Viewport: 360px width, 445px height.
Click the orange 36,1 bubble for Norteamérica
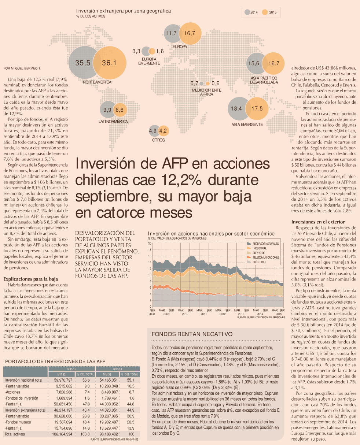[110, 63]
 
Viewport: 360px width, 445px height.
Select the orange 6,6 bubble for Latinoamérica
[120, 110]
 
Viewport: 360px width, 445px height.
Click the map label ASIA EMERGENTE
[247, 125]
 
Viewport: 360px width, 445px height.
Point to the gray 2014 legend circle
[247, 12]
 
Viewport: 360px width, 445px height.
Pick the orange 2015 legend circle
[265, 12]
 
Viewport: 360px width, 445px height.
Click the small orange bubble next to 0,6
[207, 84]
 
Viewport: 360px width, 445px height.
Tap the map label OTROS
[158, 140]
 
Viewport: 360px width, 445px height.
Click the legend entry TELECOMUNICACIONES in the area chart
[266, 257]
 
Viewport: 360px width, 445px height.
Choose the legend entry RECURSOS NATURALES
[265, 244]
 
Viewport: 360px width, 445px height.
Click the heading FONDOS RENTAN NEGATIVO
[192, 334]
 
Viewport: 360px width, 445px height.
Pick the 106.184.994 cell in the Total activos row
[62, 434]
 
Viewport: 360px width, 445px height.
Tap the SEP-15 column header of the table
[71, 369]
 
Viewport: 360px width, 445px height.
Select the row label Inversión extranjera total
[25, 410]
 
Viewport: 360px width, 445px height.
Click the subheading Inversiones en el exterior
[318, 222]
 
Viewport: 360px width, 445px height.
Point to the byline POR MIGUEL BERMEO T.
[22, 68]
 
